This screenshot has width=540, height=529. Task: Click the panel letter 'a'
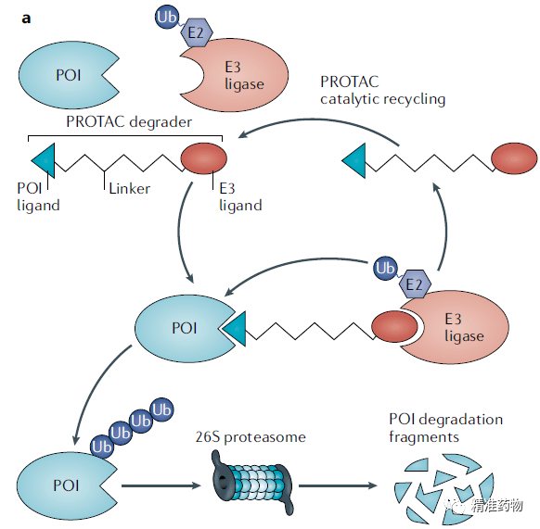[26, 19]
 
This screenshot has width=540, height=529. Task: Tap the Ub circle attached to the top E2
[167, 18]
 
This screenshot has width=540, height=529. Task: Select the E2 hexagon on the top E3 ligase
[197, 32]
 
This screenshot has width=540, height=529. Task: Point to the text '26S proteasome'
[251, 437]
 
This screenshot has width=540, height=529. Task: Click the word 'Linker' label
[130, 188]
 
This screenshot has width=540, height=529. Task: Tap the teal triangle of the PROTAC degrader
[44, 160]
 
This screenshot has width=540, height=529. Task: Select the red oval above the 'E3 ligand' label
[204, 158]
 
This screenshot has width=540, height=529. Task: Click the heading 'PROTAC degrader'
[129, 121]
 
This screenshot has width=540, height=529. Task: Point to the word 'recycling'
[414, 99]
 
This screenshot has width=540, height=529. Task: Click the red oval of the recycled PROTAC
[514, 158]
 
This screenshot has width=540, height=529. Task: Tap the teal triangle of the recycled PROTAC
[354, 160]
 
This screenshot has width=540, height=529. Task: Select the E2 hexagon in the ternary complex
[415, 283]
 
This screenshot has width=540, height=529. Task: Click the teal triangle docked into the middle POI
[235, 329]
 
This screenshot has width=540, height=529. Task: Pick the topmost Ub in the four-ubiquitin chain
[161, 410]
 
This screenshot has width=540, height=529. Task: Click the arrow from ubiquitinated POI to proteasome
[161, 485]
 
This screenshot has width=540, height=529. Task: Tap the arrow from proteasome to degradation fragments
[338, 485]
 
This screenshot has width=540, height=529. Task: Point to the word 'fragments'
[424, 437]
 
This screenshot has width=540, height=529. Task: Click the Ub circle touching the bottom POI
[102, 447]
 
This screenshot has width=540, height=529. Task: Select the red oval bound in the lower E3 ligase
[394, 327]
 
